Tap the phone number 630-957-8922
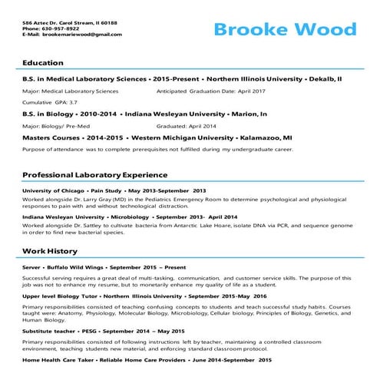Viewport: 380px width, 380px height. click(x=65, y=29)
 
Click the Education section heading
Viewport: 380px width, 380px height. click(x=43, y=62)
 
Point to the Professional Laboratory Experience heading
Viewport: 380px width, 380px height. click(x=94, y=174)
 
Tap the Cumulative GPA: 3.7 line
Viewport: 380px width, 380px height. click(x=50, y=102)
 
